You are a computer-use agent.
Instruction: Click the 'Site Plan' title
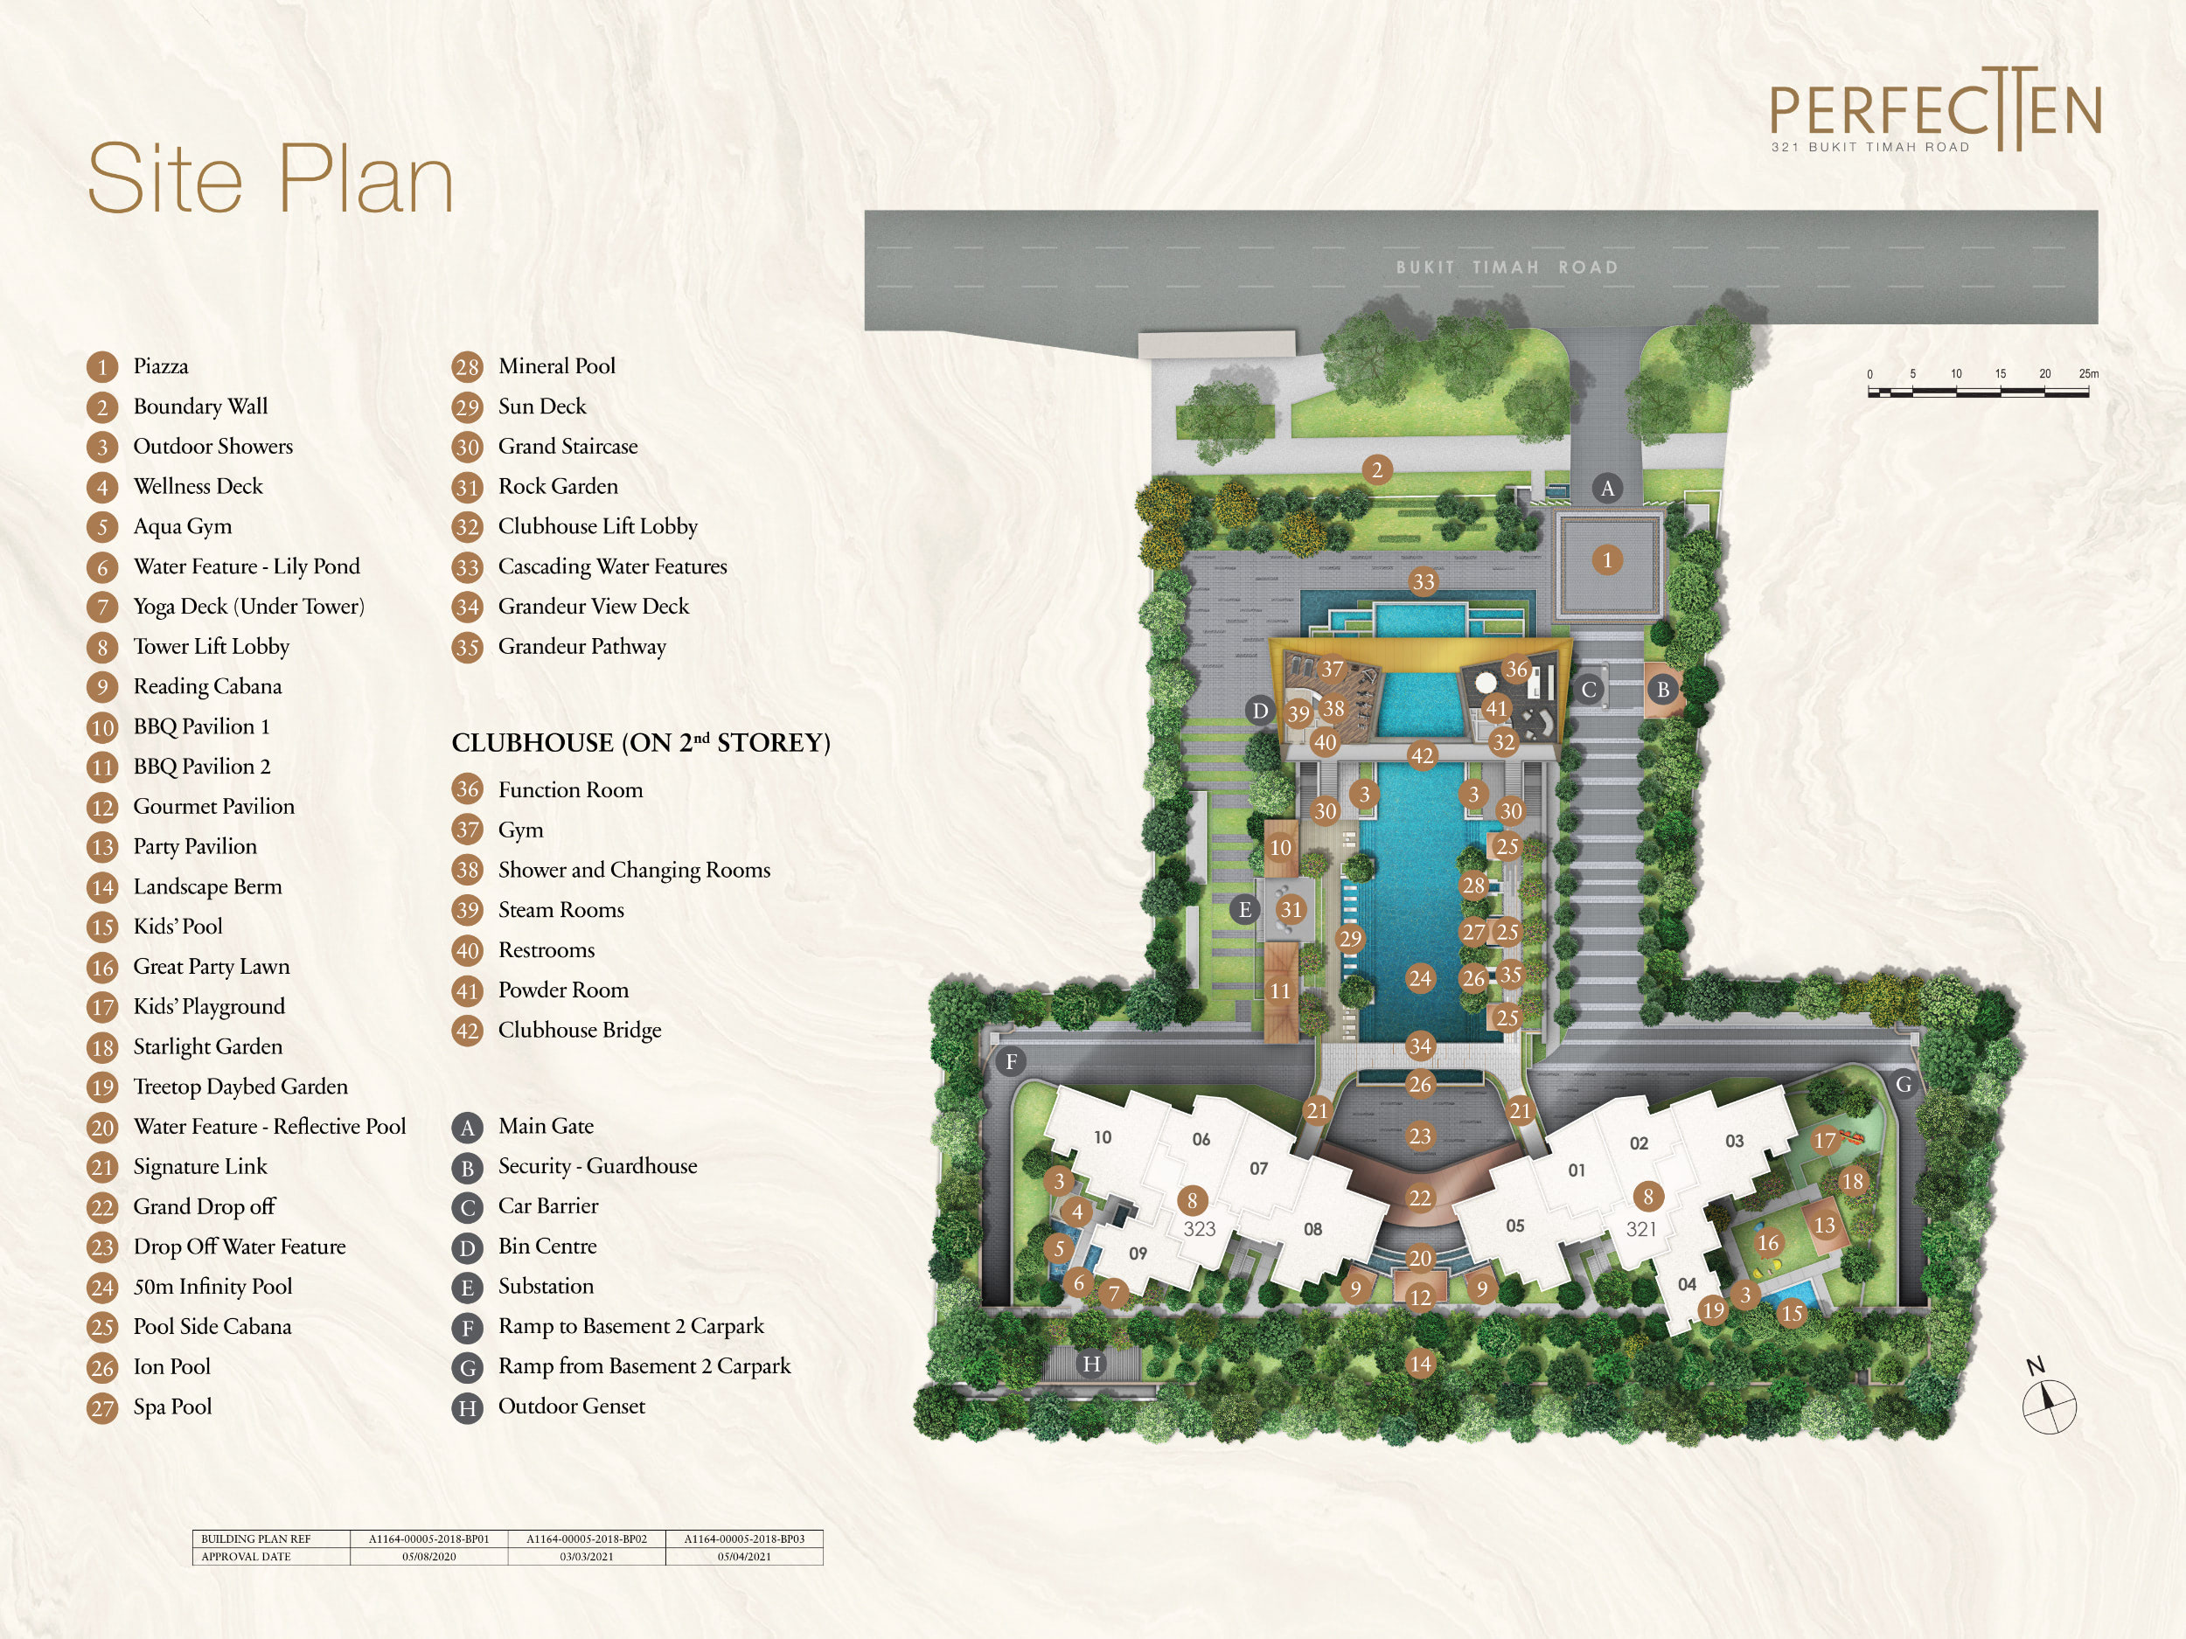271,179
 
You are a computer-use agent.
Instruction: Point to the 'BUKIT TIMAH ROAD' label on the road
1507,267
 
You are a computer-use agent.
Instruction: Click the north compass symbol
2049,1399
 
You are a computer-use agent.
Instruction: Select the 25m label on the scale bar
2088,373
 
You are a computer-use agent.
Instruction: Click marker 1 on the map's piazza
1607,560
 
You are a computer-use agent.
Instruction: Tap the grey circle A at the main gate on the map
1607,487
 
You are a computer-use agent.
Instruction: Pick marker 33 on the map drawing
1423,582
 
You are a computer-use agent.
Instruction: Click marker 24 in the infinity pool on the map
1420,978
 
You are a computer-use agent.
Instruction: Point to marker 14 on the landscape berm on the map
1420,1364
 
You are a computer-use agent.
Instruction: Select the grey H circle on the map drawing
1091,1364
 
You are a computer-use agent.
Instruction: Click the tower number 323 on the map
1200,1229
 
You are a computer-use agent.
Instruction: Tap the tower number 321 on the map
1641,1229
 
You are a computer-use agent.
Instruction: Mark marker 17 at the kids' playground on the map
1824,1141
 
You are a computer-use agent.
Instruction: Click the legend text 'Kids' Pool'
178,927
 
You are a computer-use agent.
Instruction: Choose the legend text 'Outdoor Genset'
571,1406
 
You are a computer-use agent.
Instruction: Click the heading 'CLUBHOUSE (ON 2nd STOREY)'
641,742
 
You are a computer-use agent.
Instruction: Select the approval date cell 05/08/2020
429,1556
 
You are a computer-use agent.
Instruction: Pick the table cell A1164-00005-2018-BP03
744,1538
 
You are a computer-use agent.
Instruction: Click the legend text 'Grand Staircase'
568,447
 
